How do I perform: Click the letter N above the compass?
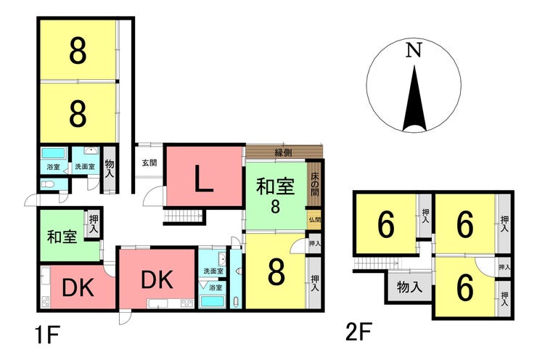(x=413, y=50)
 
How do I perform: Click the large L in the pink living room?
(x=204, y=179)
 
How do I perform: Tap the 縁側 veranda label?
(x=283, y=152)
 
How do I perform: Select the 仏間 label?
(x=314, y=220)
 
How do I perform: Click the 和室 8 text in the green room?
(x=275, y=195)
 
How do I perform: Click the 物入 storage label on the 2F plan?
(x=409, y=287)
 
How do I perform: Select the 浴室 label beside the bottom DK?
(x=216, y=287)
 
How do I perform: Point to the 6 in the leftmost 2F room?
(x=386, y=226)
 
